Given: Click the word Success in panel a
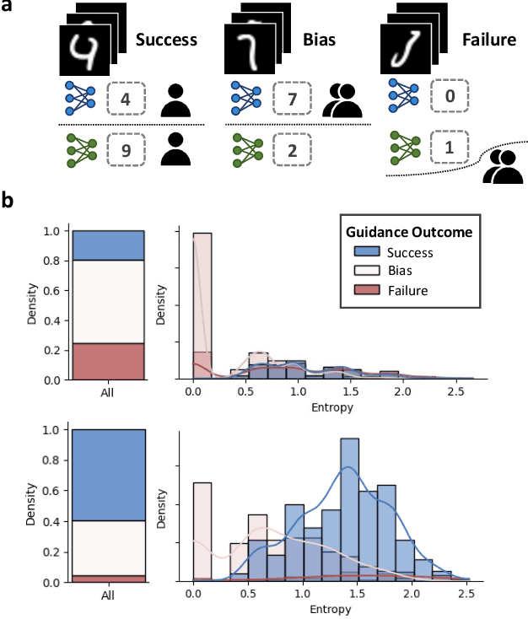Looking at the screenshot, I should coord(166,39).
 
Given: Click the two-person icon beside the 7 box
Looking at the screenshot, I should coord(343,100).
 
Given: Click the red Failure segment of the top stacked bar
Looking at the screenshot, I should coord(108,361).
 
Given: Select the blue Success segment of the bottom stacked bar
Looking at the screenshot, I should coord(108,474).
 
